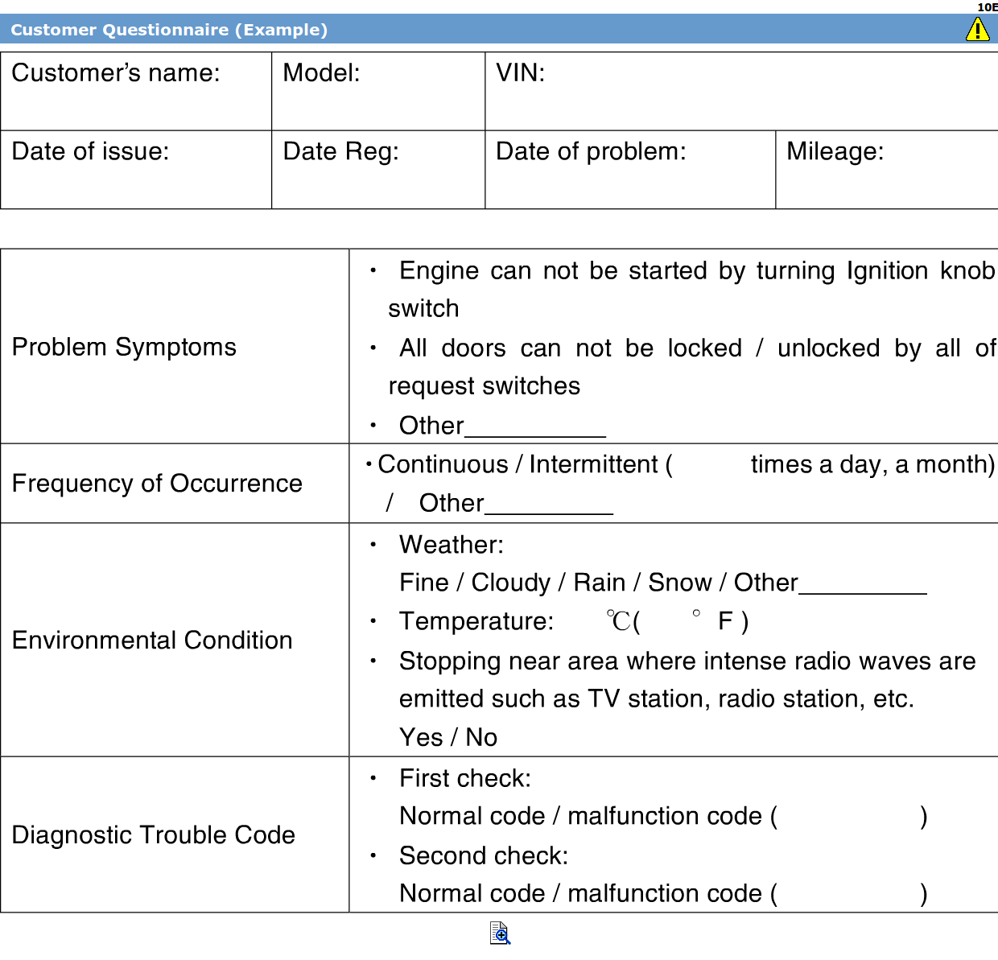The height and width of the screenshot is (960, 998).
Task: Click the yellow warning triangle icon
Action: point(977,30)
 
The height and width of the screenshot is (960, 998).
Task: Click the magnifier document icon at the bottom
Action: point(500,933)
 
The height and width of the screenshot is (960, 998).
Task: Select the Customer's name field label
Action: point(116,73)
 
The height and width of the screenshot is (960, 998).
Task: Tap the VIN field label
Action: point(520,73)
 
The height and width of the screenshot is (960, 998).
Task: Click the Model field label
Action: point(321,73)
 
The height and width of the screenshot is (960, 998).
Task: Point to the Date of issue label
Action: point(90,151)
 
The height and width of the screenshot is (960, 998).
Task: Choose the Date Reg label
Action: point(340,151)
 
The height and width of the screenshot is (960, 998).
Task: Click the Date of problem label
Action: point(591,151)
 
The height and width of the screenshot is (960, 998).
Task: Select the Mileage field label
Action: point(835,151)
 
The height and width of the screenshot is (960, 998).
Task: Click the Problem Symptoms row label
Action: point(124,347)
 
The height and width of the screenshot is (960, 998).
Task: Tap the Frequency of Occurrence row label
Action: point(157,483)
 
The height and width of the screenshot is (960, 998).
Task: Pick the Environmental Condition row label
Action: point(152,640)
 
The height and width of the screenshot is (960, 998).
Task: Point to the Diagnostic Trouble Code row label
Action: point(153,834)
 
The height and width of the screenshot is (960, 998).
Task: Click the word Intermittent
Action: point(593,464)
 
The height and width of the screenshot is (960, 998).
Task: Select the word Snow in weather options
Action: point(679,582)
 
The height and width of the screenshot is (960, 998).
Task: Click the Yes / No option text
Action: point(448,737)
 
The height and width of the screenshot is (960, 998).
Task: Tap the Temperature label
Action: point(476,621)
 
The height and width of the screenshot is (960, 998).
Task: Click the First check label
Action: point(465,778)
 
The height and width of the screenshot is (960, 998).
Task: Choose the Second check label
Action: point(484,855)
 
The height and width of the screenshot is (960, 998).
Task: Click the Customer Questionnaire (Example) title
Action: point(169,30)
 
